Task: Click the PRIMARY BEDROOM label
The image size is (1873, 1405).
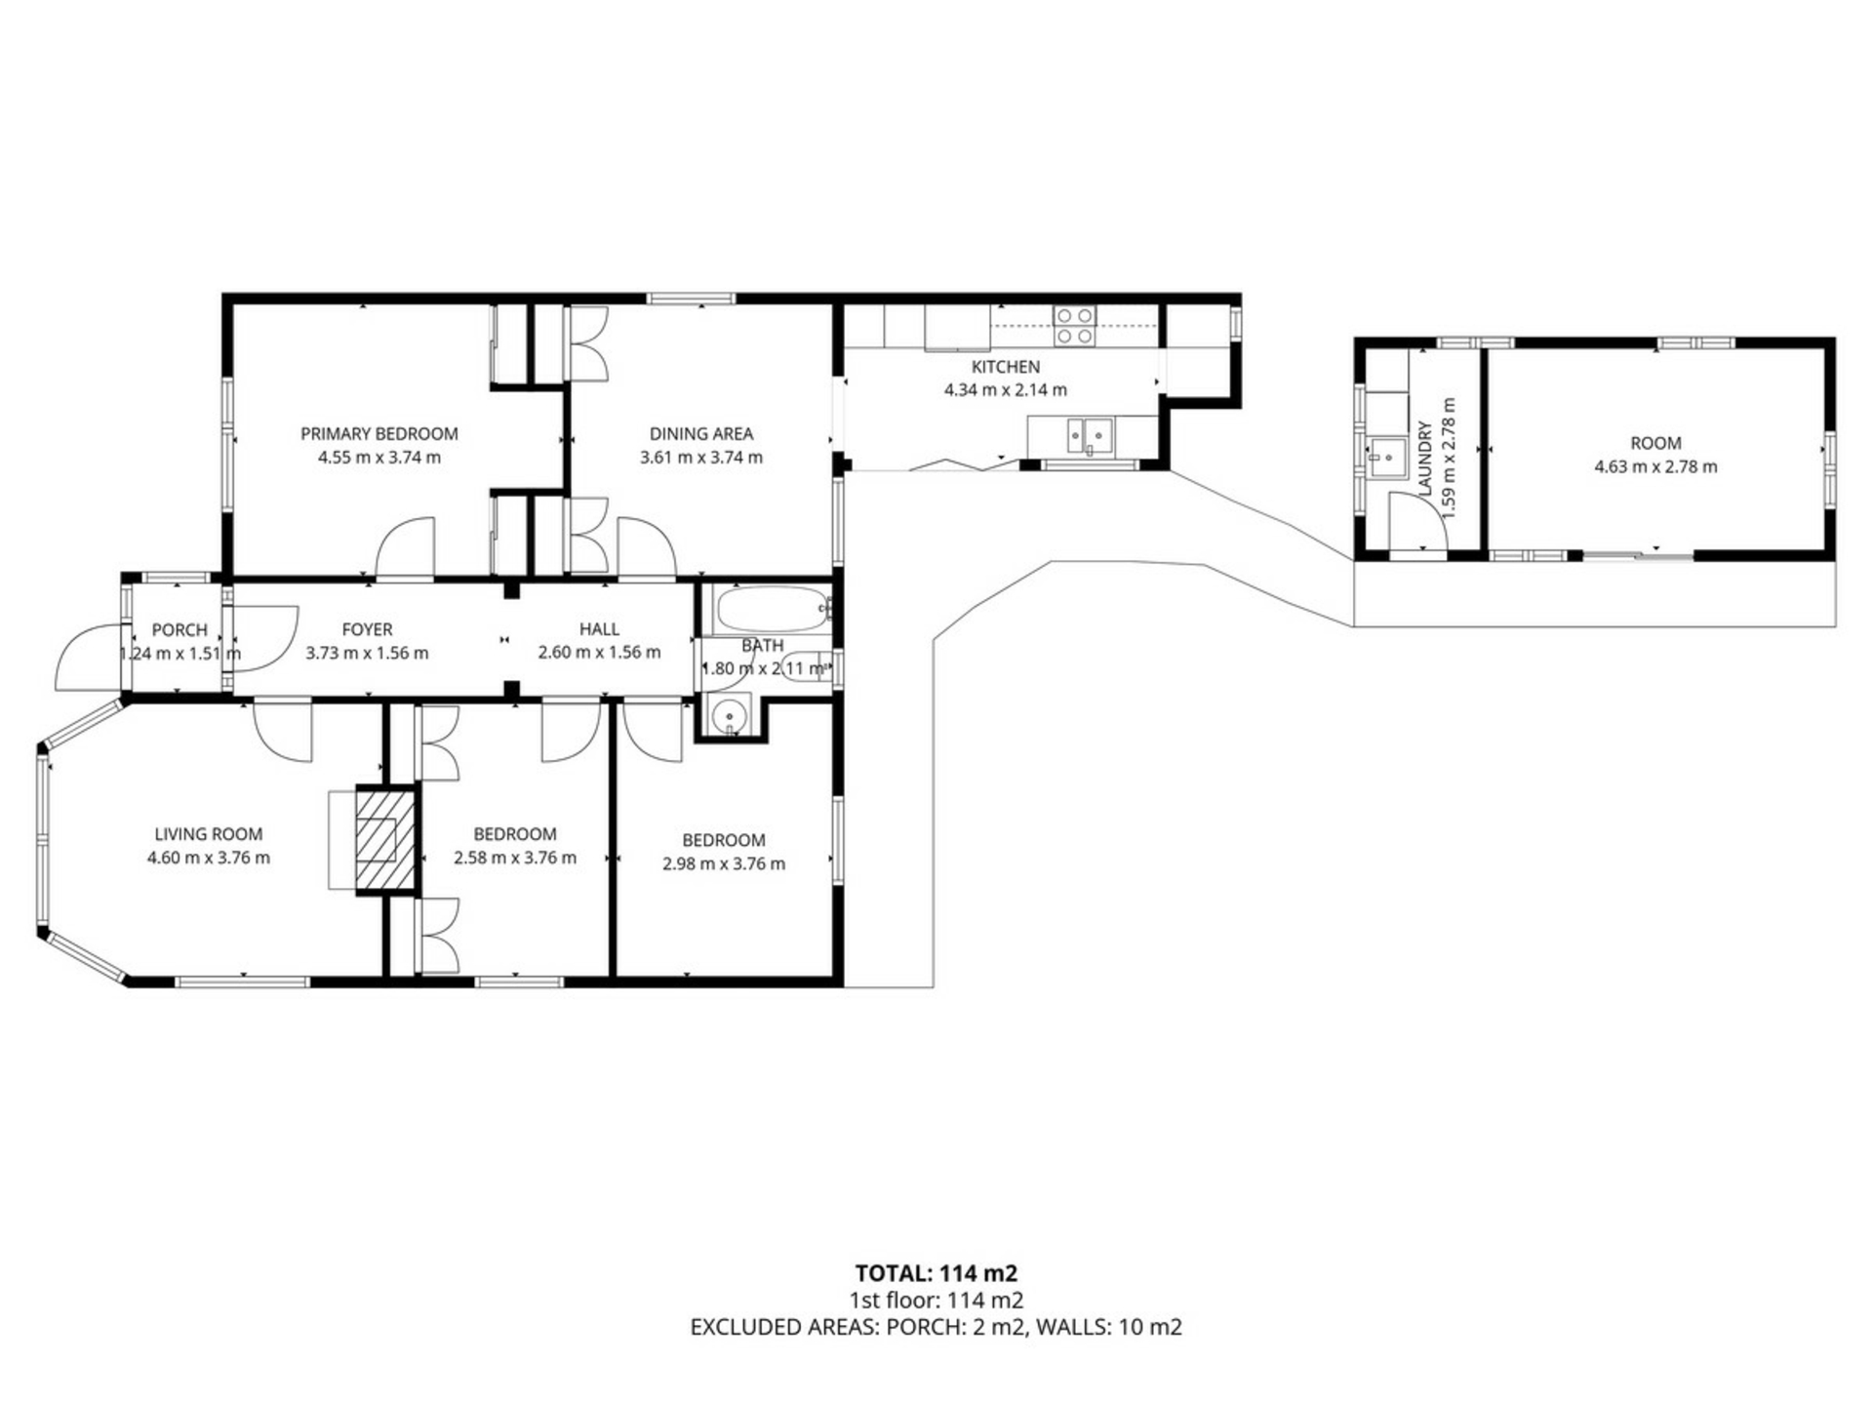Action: pos(379,433)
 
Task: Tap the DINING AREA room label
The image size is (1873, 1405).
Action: pos(700,433)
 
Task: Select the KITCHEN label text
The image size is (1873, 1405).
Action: pos(1005,367)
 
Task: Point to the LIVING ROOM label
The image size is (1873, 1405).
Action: pos(208,834)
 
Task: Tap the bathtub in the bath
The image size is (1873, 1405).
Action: pos(772,610)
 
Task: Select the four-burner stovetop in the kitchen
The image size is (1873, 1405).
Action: pos(1074,325)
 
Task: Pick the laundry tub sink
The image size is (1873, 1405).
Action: pos(1386,458)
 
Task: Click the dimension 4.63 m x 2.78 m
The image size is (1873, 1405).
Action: pos(1655,466)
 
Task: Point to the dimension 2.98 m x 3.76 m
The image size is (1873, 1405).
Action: pos(723,863)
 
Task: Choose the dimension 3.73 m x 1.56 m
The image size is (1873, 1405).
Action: pos(367,653)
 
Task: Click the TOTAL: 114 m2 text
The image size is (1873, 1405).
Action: pos(936,1273)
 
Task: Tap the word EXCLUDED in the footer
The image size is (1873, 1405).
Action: pos(748,1327)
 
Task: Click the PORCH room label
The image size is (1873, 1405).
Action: pos(179,630)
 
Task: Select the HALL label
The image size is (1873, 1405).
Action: pos(599,629)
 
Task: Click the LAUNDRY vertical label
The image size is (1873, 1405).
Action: pos(1425,459)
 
